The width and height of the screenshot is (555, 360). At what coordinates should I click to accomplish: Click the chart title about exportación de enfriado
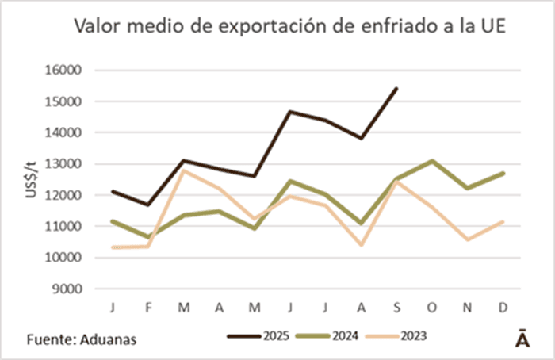290,26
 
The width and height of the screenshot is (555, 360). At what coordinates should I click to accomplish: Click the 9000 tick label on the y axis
69,289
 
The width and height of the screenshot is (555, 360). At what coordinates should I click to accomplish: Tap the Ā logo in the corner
522,336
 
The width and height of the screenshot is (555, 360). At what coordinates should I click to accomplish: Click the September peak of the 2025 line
396,88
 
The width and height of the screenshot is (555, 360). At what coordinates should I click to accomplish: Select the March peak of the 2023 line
183,170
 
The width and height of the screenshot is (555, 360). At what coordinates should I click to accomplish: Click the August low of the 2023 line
362,244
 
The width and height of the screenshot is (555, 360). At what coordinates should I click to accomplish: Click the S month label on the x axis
396,305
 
